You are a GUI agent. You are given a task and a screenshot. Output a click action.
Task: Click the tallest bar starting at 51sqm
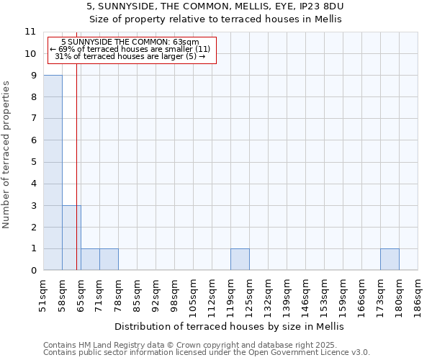point(53,173)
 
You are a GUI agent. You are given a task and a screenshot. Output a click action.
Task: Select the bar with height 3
point(71,238)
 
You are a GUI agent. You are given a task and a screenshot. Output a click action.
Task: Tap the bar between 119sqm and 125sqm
point(240,259)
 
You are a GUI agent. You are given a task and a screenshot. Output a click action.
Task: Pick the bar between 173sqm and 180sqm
point(390,259)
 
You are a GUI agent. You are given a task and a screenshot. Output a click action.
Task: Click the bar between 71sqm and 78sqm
point(109,259)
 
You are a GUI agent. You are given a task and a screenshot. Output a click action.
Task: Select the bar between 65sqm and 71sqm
point(90,259)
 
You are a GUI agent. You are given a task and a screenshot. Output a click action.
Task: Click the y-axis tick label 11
point(30,32)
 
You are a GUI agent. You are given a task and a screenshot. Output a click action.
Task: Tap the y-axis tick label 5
point(33,162)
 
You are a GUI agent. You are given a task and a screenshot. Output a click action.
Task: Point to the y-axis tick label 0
point(33,271)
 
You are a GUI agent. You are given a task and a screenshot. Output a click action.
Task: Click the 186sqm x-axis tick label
point(418,294)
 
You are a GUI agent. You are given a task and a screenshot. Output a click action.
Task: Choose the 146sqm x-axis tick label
point(305,294)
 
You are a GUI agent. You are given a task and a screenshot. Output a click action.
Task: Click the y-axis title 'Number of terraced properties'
point(6,155)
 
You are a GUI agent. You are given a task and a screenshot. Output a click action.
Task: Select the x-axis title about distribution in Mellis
point(230,326)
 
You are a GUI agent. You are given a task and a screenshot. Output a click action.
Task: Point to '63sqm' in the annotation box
point(185,42)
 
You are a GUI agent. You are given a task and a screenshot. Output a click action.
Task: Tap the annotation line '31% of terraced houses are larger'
point(130,56)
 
